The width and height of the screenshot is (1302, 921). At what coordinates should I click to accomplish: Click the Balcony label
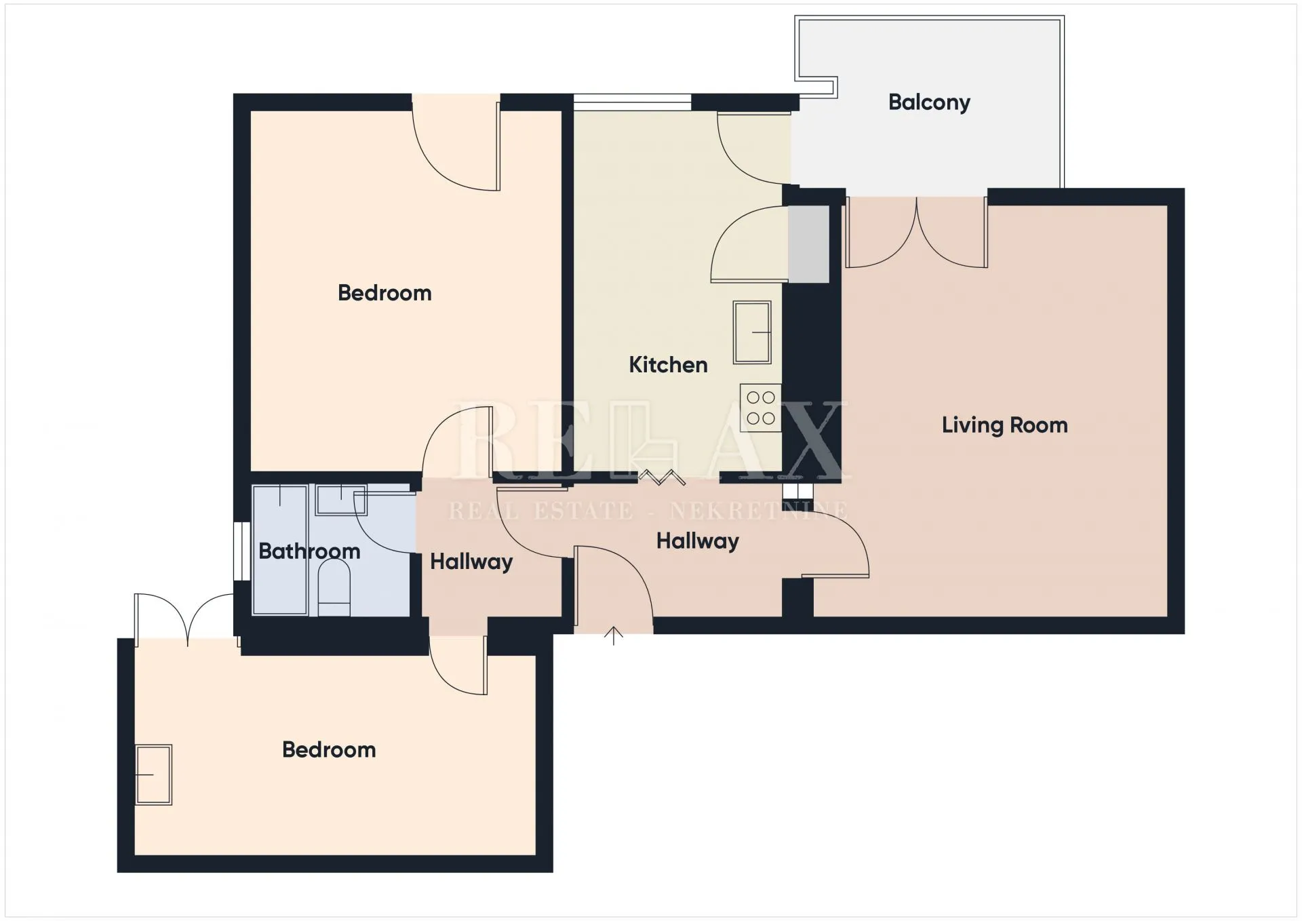pyautogui.click(x=929, y=102)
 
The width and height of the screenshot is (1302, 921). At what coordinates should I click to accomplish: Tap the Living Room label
pyautogui.click(x=1004, y=425)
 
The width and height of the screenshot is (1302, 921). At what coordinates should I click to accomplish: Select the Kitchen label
pyautogui.click(x=668, y=365)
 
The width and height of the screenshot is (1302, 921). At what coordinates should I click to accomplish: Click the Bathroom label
pyautogui.click(x=309, y=551)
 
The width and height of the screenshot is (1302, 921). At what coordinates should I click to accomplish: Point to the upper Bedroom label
pyautogui.click(x=384, y=293)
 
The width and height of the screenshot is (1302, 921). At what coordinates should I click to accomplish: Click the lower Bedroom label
pyautogui.click(x=329, y=749)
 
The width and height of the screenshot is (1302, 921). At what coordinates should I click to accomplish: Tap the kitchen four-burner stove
pyautogui.click(x=761, y=408)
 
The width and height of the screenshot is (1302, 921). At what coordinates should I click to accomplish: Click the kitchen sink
pyautogui.click(x=752, y=332)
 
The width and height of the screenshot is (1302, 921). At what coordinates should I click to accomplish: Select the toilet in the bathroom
pyautogui.click(x=334, y=587)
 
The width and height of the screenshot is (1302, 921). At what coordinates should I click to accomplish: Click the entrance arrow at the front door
pyautogui.click(x=614, y=635)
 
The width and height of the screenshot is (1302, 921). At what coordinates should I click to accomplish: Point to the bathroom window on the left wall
pyautogui.click(x=241, y=551)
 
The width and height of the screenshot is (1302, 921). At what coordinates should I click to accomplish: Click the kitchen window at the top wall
pyautogui.click(x=632, y=102)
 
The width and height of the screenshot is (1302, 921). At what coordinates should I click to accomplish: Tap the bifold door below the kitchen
pyautogui.click(x=661, y=477)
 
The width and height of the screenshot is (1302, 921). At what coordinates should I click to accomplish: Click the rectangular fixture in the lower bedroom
pyautogui.click(x=153, y=775)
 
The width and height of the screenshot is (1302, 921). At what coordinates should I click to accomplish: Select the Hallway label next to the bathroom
pyautogui.click(x=471, y=562)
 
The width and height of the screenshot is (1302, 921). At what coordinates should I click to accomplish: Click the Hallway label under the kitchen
pyautogui.click(x=698, y=541)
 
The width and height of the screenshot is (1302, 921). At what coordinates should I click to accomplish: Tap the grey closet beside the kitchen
pyautogui.click(x=808, y=244)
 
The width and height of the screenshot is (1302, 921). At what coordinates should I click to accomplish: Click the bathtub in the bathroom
pyautogui.click(x=280, y=549)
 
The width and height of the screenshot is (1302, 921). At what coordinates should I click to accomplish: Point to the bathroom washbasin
pyautogui.click(x=341, y=500)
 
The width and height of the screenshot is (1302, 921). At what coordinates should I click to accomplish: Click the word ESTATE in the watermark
pyautogui.click(x=584, y=511)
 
